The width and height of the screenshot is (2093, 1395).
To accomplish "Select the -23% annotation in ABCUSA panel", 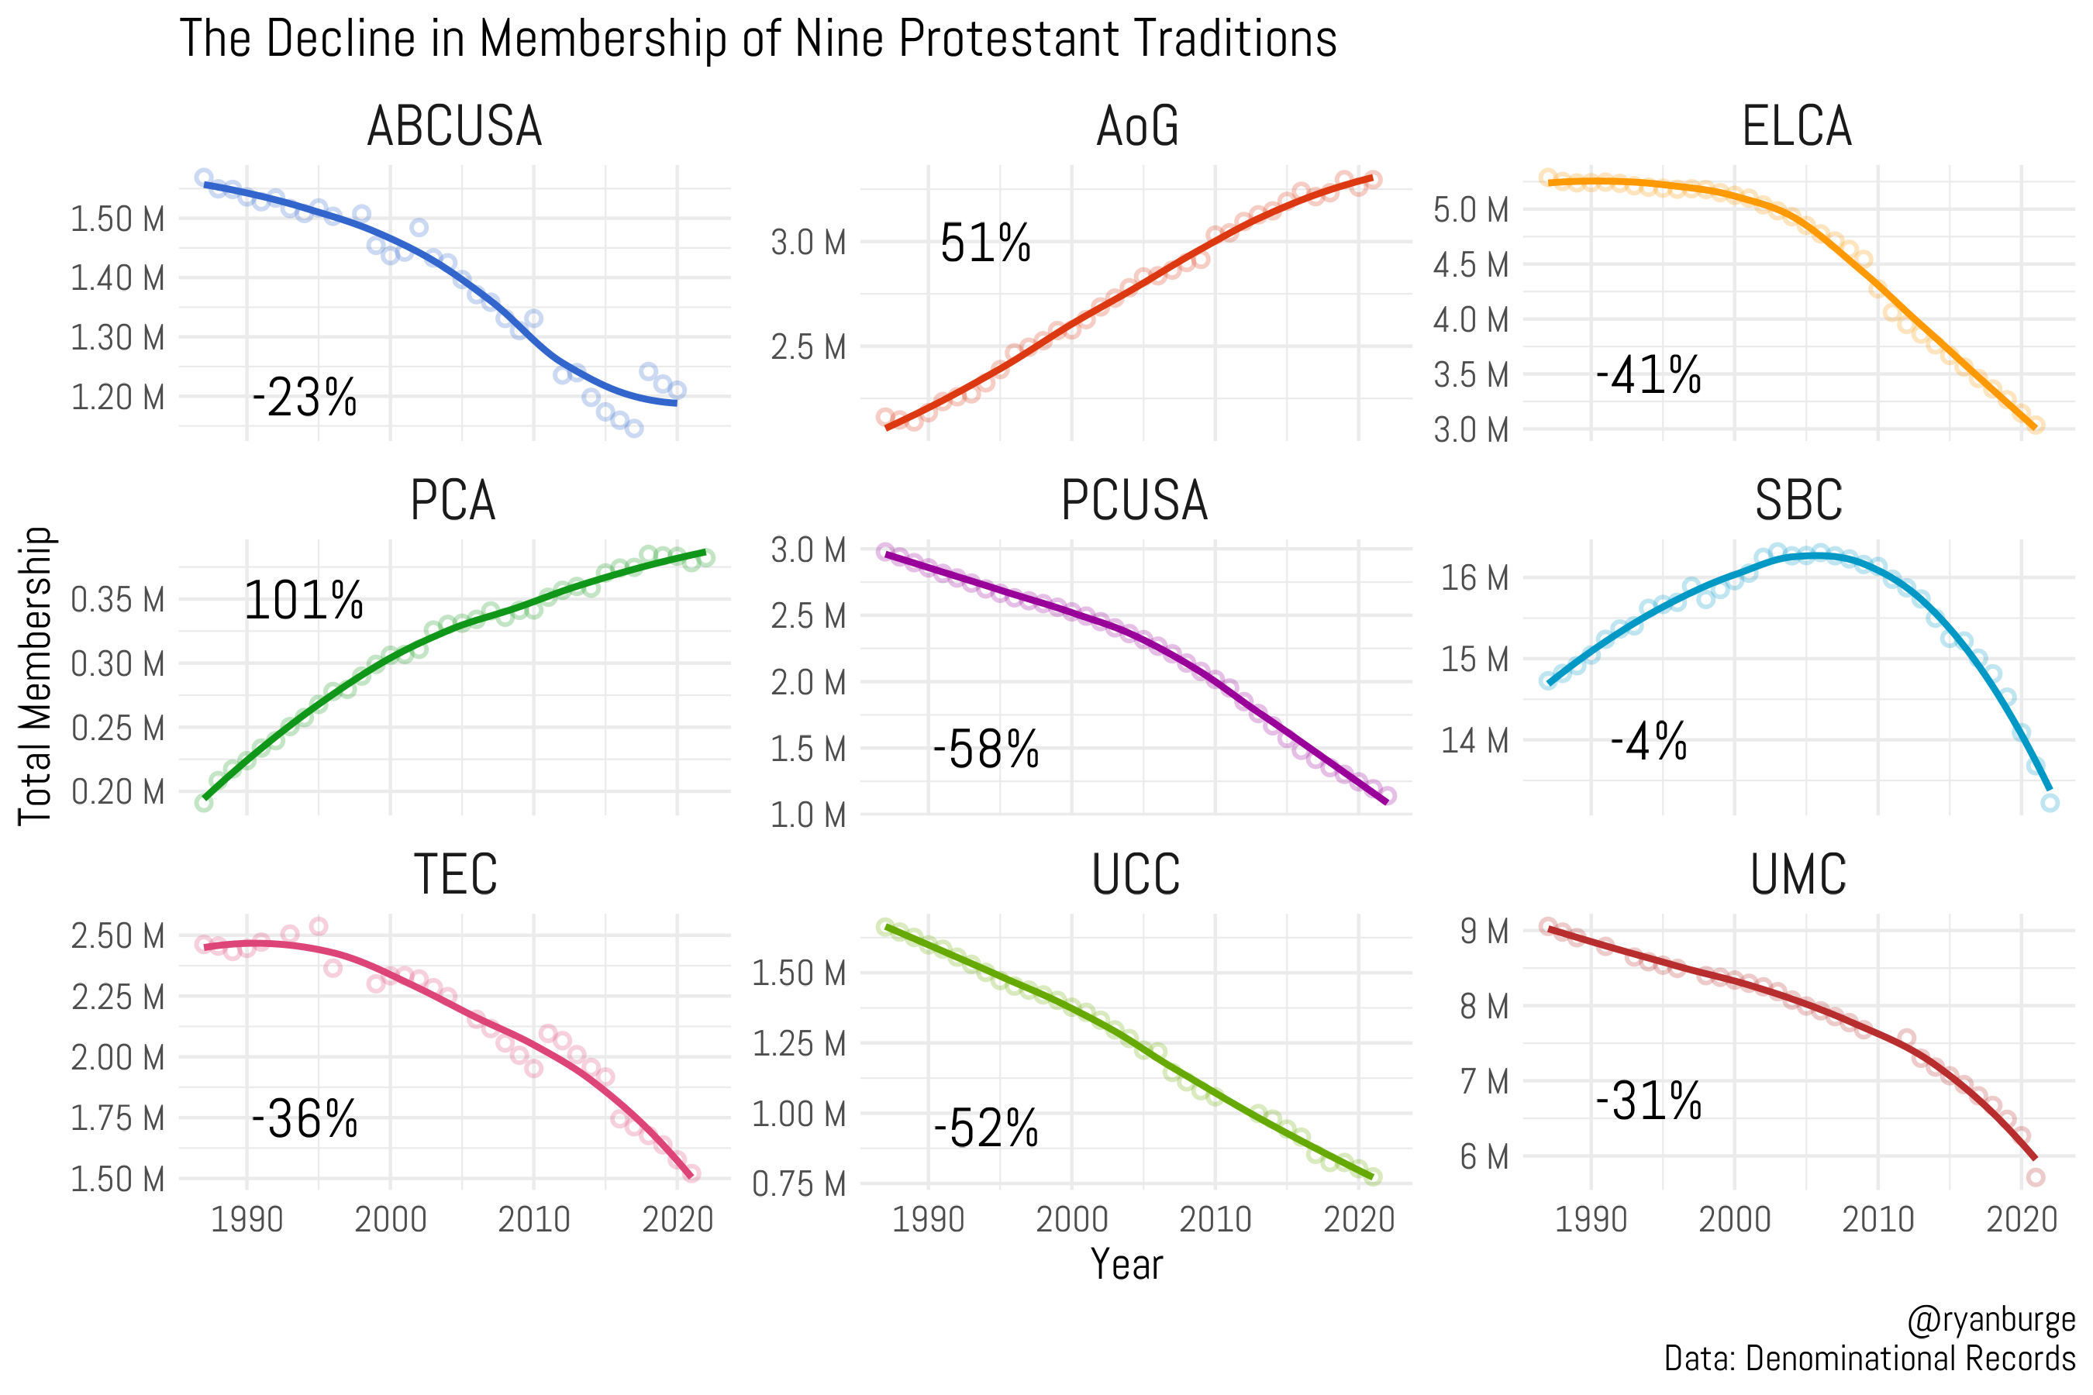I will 305,398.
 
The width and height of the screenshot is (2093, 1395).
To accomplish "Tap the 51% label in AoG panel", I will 985,243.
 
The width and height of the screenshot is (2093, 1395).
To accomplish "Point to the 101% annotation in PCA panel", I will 303,601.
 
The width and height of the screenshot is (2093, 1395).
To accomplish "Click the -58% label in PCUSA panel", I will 986,749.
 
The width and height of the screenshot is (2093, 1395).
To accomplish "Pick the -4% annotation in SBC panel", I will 1648,741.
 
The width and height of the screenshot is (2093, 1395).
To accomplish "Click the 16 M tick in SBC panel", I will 1474,578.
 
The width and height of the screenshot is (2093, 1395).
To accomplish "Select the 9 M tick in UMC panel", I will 1484,932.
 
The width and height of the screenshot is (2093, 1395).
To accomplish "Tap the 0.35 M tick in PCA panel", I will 118,601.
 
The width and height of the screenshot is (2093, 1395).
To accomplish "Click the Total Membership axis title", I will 36,676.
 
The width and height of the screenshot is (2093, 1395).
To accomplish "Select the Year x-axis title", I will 1126,1264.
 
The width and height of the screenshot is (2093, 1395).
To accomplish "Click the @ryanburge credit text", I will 1991,1321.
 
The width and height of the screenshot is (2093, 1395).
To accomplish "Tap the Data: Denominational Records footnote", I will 1869,1359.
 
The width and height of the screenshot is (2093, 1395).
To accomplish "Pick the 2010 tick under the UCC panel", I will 1215,1219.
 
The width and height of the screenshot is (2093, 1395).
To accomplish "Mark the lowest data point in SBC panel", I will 2050,802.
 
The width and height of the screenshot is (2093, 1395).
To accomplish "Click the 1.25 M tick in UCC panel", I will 798,1044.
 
